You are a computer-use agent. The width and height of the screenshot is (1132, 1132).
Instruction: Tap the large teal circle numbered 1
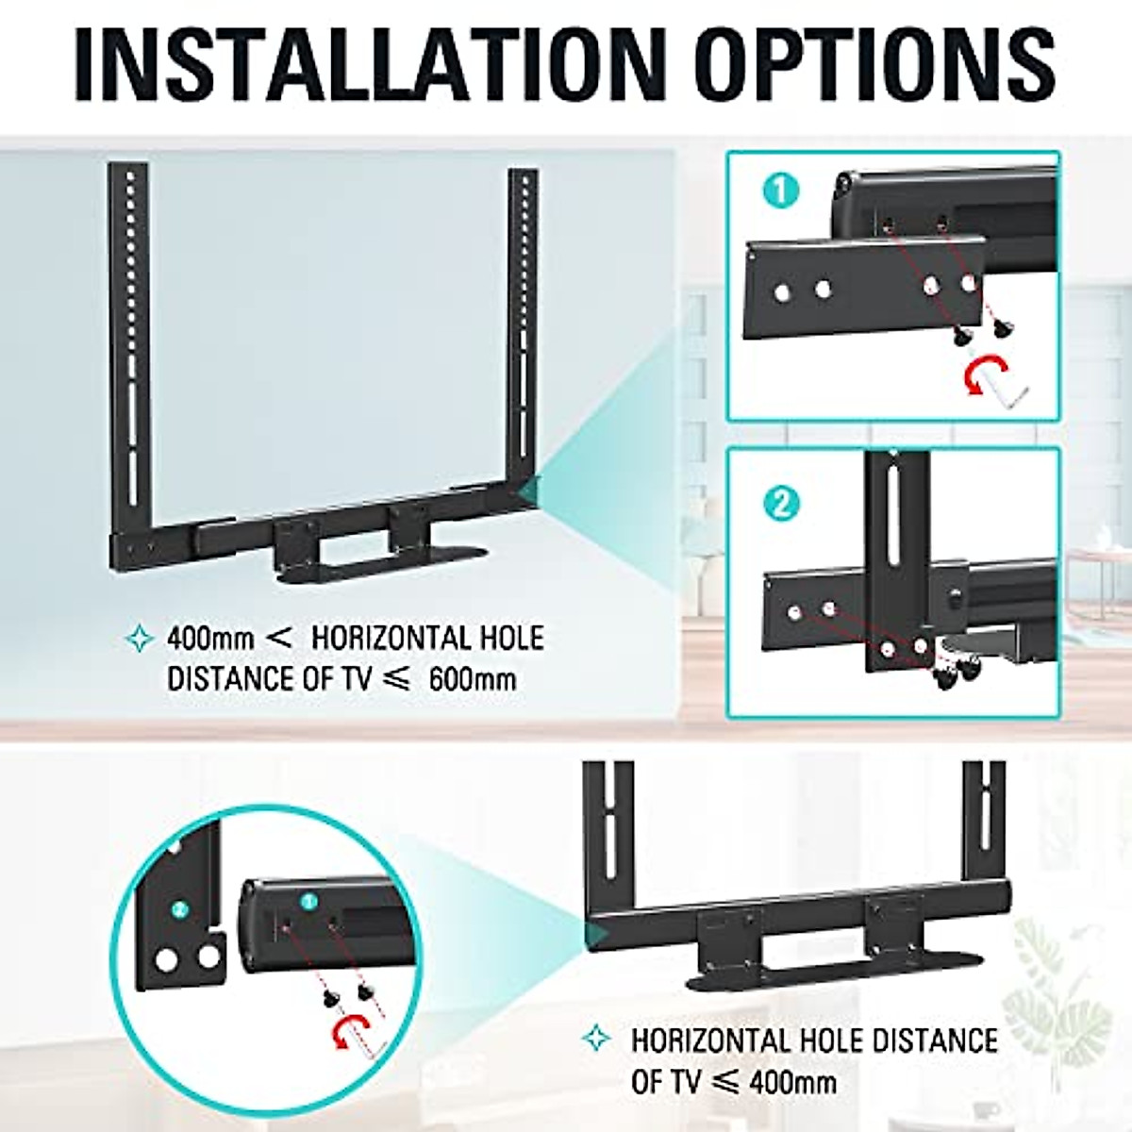tap(779, 191)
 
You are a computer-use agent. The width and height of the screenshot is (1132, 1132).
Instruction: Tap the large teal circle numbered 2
tap(779, 503)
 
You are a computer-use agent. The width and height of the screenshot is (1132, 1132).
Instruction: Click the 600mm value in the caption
tap(473, 678)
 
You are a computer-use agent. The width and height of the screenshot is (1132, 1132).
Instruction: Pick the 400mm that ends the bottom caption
tap(792, 1082)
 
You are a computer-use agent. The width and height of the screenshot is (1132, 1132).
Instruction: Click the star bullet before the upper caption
tap(139, 639)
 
